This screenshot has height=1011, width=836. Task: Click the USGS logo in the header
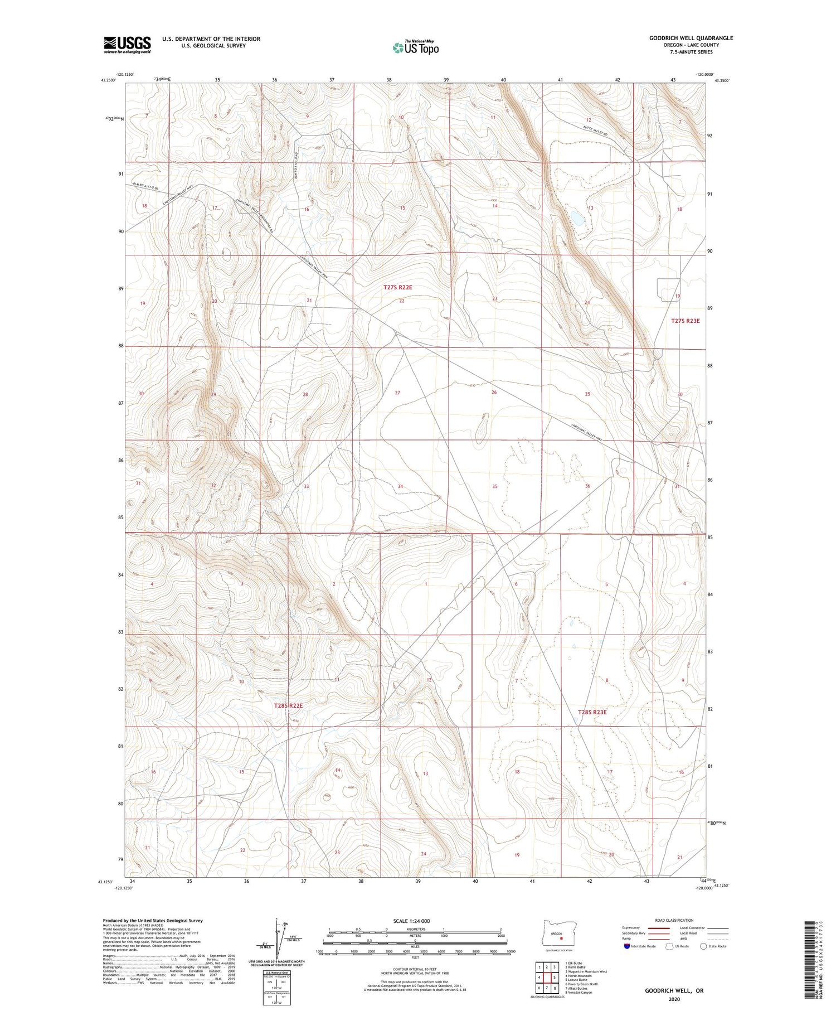click(127, 45)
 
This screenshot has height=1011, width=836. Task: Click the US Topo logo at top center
click(415, 48)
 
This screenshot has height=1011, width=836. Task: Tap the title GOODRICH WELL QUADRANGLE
click(691, 38)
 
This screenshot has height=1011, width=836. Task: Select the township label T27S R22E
click(397, 287)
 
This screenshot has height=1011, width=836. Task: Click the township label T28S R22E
click(288, 705)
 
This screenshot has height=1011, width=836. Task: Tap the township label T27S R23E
click(685, 321)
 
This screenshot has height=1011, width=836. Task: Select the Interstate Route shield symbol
click(626, 946)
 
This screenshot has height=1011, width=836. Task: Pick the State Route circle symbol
click(703, 946)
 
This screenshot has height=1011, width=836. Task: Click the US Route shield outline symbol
click(670, 946)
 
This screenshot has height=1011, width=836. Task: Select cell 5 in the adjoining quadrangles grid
click(555, 977)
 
